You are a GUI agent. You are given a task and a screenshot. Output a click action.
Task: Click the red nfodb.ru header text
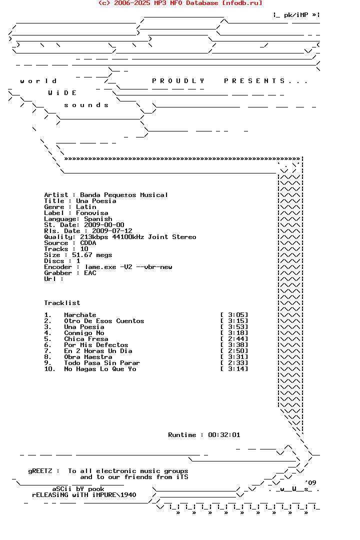[x=180, y=3]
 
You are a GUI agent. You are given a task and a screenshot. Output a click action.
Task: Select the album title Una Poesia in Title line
[x=96, y=201]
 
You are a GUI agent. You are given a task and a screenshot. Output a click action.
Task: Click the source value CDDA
[x=88, y=243]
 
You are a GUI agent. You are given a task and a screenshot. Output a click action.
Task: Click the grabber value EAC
[x=90, y=273]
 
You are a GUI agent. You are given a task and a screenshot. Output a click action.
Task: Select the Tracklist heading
[x=62, y=303]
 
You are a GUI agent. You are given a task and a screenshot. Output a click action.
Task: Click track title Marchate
[x=80, y=315]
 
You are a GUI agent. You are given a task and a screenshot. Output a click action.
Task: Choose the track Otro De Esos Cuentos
[x=104, y=321]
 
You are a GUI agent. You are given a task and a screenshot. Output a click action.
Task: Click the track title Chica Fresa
[x=86, y=339]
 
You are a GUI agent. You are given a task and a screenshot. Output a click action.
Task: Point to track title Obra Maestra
[x=88, y=357]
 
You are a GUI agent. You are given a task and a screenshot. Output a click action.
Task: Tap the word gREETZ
[x=40, y=471]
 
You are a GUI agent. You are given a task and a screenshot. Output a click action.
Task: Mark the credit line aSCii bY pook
[x=78, y=489]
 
